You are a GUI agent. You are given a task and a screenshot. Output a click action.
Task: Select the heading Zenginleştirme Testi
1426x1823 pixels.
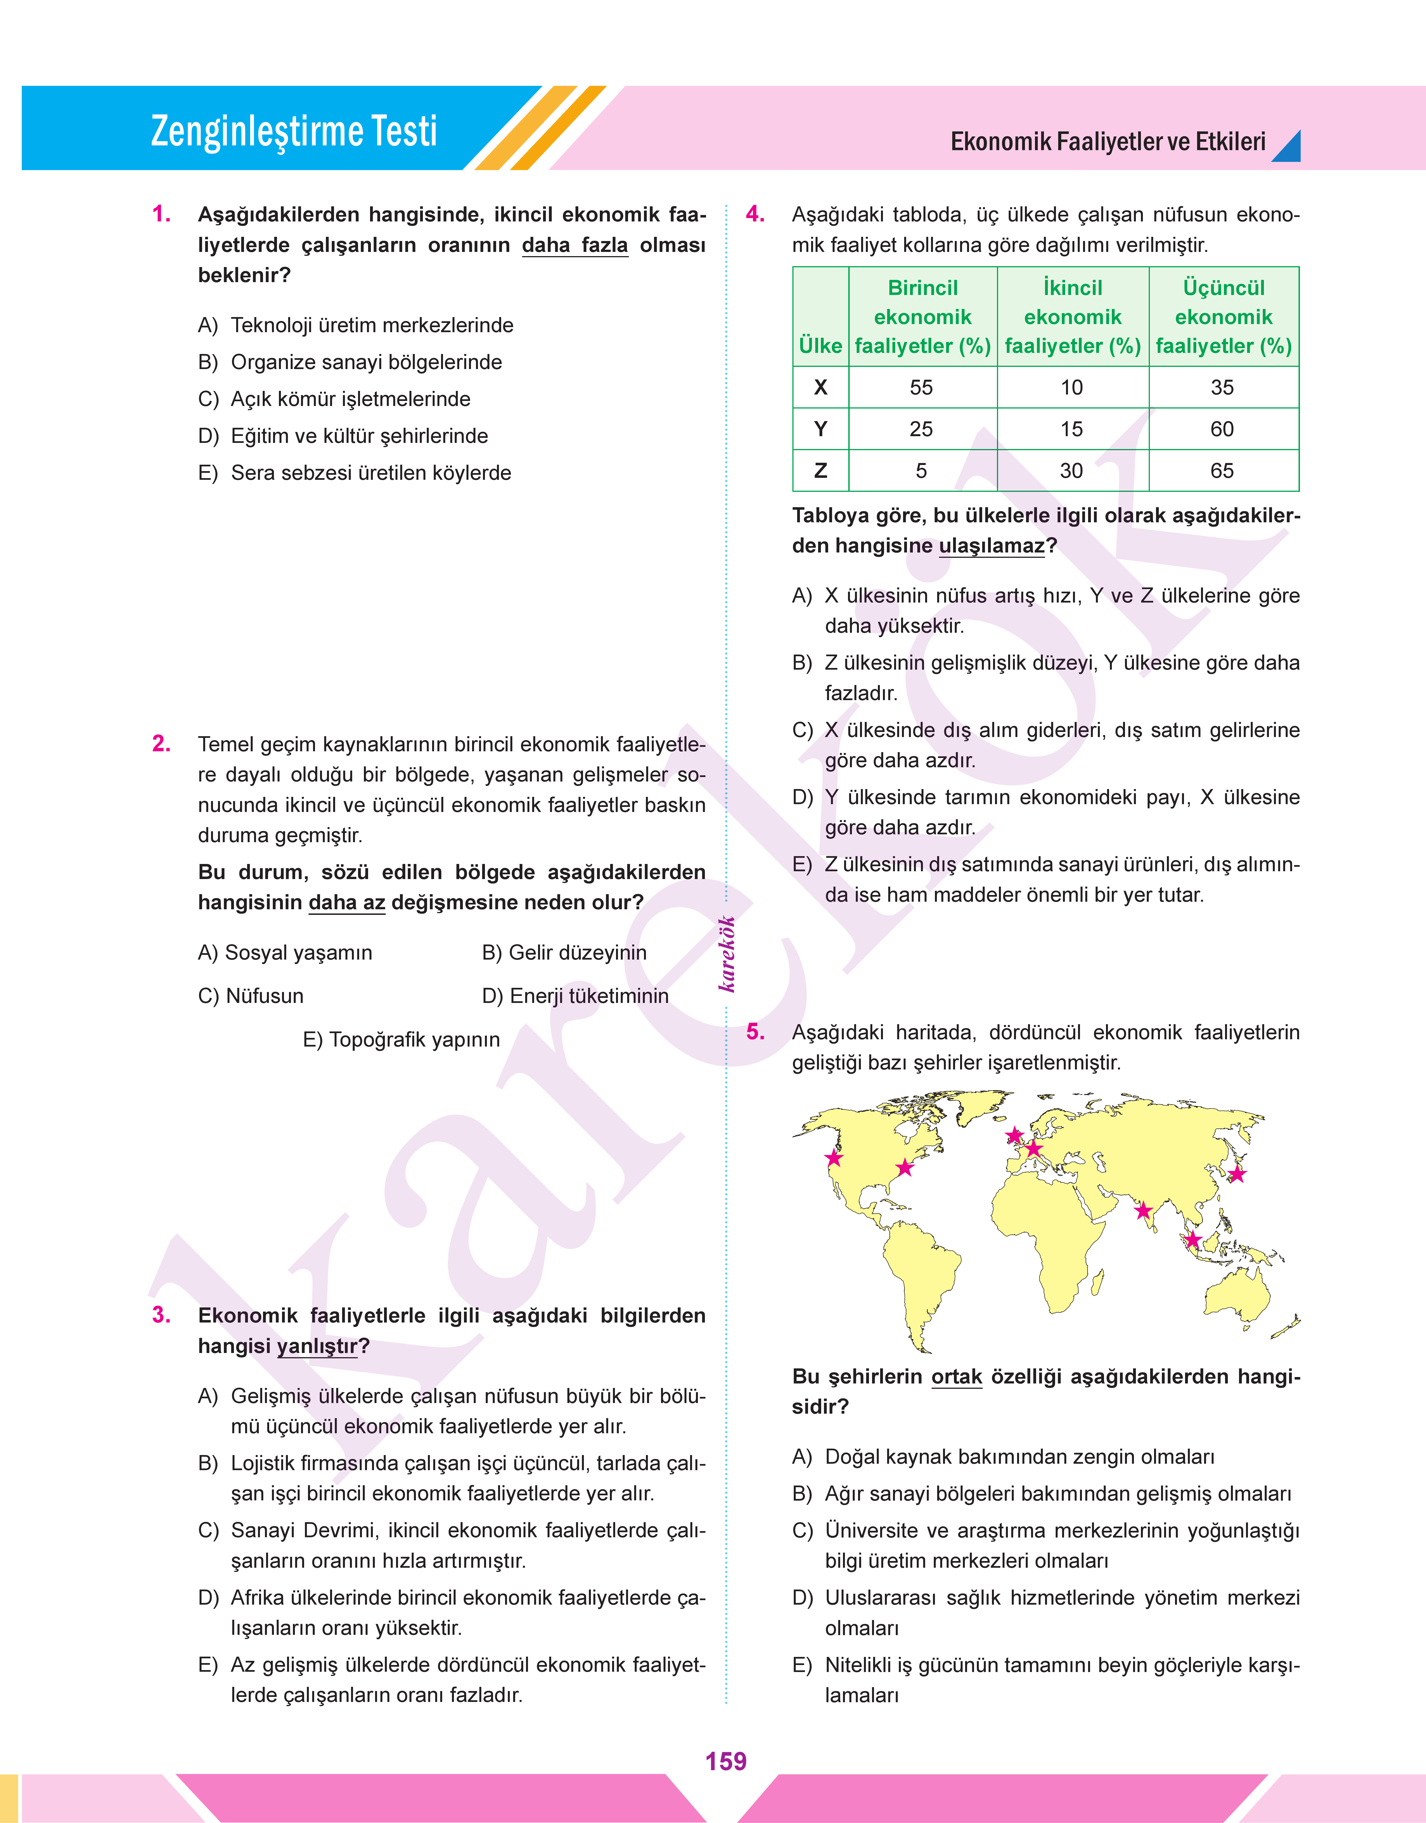click(294, 131)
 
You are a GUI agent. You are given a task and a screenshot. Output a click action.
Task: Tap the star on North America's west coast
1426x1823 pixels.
click(833, 1158)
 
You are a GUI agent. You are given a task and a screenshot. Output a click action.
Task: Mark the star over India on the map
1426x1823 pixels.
click(1143, 1211)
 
